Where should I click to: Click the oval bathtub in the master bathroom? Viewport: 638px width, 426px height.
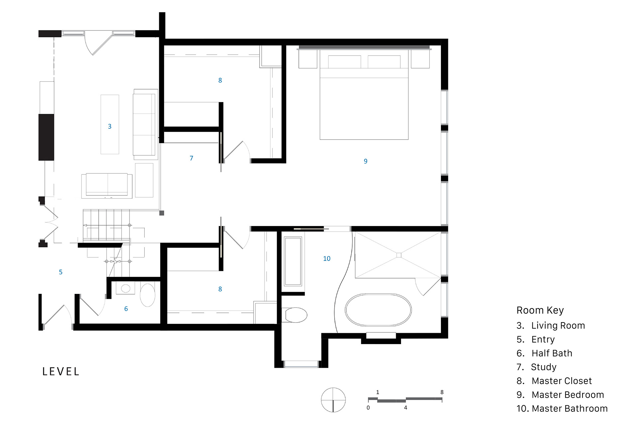coord(378,310)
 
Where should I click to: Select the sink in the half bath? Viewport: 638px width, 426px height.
coord(126,288)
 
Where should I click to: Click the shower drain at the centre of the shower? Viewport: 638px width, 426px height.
coord(399,255)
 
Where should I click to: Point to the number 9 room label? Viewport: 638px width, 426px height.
coord(366,161)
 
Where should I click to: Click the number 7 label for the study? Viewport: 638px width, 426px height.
coord(191,158)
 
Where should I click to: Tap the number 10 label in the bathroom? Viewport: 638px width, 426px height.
coord(327,259)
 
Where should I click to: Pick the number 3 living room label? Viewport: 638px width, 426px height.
coord(110,126)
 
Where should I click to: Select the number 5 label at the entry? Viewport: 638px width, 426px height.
coord(60,272)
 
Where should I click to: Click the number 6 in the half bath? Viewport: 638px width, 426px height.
coord(126,309)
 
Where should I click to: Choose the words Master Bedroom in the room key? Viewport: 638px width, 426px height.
coord(568,395)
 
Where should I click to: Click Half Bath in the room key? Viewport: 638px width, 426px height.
coord(552,353)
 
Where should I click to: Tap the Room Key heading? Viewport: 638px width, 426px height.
coord(540,310)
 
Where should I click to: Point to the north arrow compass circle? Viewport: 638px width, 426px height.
coord(333,400)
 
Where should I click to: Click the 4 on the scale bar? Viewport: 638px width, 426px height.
coord(405,408)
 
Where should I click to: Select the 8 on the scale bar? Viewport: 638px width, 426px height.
coord(442,392)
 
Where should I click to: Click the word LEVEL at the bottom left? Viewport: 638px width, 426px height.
coord(61,372)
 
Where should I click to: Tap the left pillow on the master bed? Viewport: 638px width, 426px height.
coord(344,62)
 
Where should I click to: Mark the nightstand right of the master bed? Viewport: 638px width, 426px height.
coord(420,59)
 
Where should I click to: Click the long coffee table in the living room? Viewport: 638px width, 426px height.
coord(110,124)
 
